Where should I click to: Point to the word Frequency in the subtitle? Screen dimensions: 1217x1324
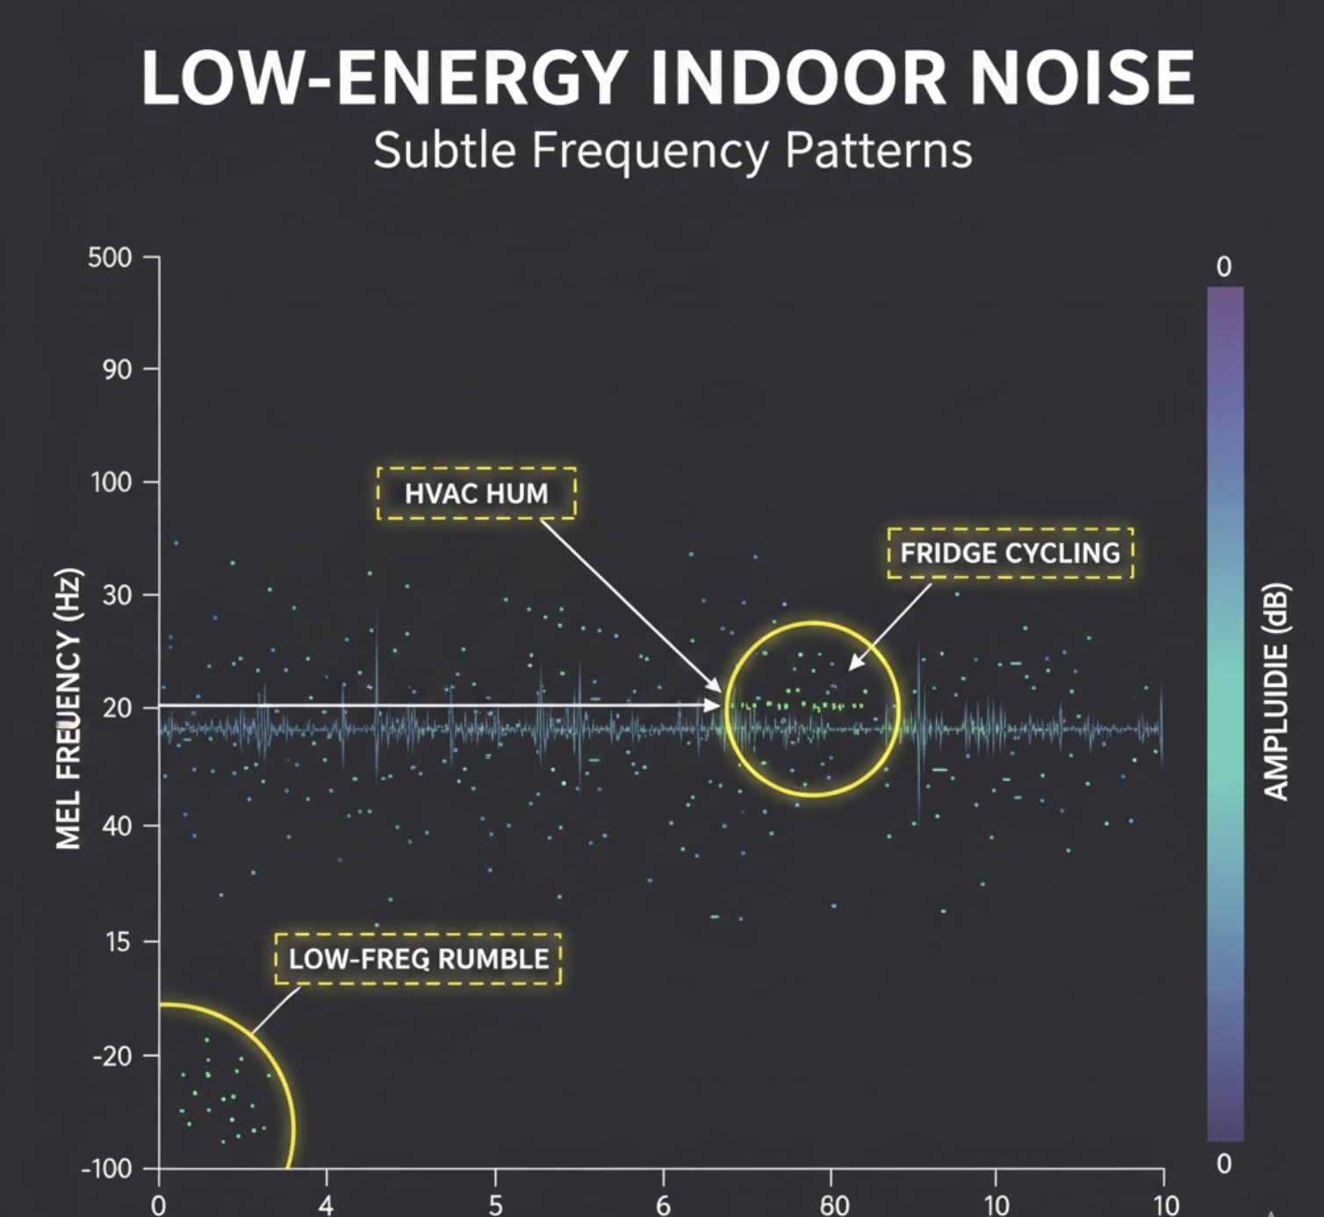coord(650,150)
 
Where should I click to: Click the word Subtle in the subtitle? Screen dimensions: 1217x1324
coord(444,150)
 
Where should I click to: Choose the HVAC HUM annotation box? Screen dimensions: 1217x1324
coord(477,493)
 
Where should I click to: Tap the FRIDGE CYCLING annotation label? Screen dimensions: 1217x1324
coord(1010,553)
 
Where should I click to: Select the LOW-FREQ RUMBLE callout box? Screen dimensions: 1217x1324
coord(418,959)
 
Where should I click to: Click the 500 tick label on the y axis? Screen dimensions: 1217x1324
coord(110,258)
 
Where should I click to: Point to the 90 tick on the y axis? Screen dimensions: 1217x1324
coord(117,370)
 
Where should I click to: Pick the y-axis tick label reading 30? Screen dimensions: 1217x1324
coord(117,595)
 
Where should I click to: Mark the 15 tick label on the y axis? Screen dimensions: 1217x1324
coord(117,942)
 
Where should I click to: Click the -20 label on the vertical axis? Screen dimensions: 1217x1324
coord(112,1055)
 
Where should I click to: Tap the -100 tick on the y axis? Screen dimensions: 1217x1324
coord(106,1169)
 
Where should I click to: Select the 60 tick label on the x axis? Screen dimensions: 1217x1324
coord(833,1203)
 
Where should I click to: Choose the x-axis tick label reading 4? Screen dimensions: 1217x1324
coord(327,1204)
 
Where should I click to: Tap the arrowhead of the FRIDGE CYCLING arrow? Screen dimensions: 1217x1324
coord(853,666)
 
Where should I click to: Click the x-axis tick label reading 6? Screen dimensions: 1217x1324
coord(664,1204)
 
